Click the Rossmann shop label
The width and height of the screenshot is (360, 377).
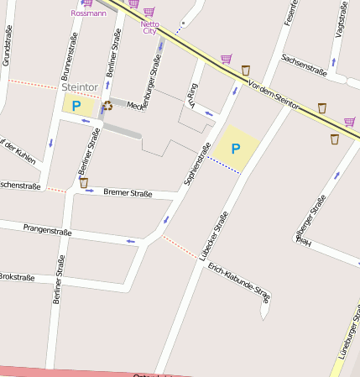point(89,13)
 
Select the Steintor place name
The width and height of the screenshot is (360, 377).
point(80,86)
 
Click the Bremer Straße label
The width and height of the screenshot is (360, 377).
point(128,193)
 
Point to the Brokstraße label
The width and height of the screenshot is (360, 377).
point(17,277)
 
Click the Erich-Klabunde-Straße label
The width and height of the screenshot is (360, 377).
point(239,284)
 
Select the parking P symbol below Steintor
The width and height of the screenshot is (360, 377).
point(76,106)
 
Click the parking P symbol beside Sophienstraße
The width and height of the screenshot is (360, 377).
point(236,149)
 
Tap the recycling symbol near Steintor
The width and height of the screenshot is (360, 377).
point(107,106)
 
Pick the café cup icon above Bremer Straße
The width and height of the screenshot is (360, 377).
point(83,182)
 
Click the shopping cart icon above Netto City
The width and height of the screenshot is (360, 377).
point(149,12)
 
